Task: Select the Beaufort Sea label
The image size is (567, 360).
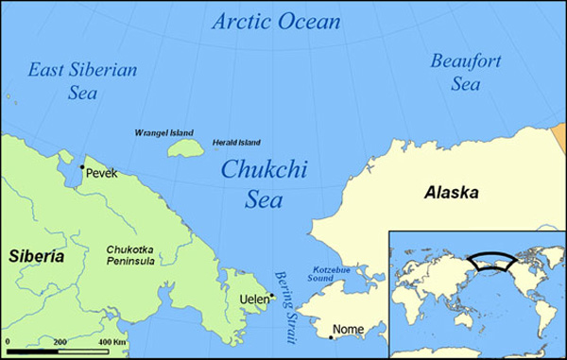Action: [464, 72]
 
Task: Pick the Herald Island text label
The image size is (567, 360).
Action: [236, 140]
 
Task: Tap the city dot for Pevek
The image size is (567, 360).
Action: [81, 168]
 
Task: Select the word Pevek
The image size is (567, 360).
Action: [101, 174]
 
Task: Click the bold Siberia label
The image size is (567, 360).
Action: [38, 256]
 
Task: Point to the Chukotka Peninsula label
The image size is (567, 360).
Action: [135, 256]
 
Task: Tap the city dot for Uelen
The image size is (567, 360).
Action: [272, 295]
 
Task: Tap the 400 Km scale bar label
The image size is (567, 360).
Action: [112, 340]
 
